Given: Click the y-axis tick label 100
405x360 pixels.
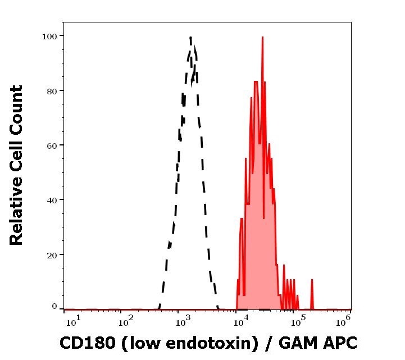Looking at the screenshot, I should tap(49, 36).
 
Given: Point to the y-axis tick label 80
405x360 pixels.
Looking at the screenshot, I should tap(52, 90).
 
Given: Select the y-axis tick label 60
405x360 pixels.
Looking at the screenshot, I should tap(52, 145).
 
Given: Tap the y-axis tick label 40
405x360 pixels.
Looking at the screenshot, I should tap(52, 200).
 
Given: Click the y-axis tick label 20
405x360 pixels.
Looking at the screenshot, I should tap(52, 254).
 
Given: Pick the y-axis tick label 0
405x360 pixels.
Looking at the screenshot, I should tap(54, 307).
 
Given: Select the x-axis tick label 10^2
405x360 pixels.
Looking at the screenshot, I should tap(126, 320).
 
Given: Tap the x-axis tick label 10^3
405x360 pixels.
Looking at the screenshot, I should tap(184, 320).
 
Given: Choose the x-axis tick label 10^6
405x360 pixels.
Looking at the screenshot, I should tap(345, 320).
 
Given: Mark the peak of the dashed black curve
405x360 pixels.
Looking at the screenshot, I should tap(191, 38).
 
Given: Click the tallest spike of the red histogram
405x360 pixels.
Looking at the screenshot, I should tap(262, 38).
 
